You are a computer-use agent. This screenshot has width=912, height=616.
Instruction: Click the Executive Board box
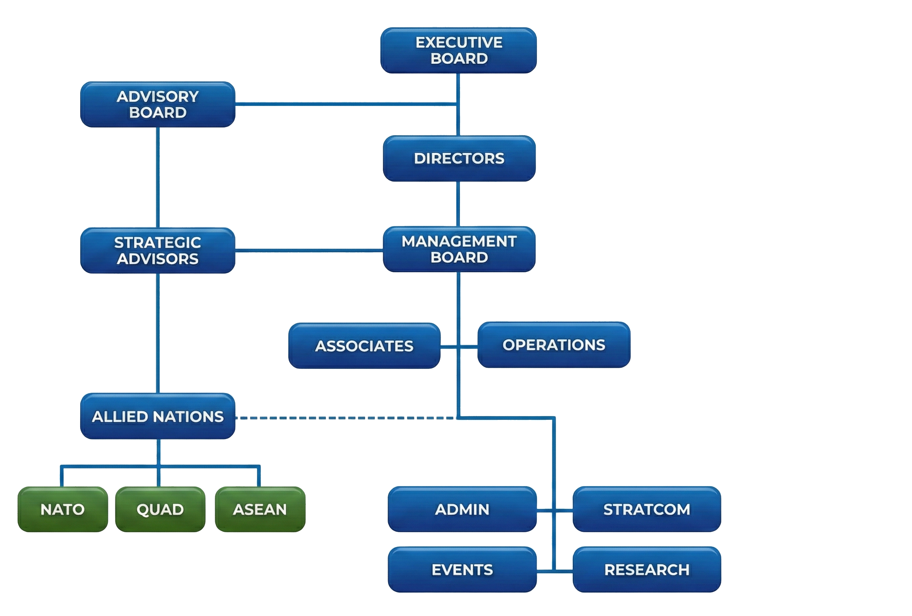click(458, 51)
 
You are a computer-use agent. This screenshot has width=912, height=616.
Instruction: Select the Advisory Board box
click(158, 105)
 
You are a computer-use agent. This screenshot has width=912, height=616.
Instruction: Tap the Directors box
click(459, 158)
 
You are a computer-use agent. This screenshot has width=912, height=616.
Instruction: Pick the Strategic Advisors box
click(158, 251)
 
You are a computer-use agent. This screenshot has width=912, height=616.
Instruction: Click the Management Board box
click(459, 249)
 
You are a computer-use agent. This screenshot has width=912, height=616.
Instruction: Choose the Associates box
click(364, 346)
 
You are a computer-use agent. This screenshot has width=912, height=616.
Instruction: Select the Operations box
click(554, 345)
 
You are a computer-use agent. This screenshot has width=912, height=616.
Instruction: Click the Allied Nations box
click(158, 416)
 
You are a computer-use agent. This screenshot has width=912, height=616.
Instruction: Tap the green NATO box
click(63, 509)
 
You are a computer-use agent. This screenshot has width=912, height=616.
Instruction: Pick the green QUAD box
click(160, 509)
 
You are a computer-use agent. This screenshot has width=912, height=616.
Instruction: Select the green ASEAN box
click(260, 509)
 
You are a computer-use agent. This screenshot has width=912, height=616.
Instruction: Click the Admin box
click(462, 509)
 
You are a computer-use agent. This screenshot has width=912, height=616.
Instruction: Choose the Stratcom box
click(647, 509)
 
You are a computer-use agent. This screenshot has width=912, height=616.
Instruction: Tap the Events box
click(462, 569)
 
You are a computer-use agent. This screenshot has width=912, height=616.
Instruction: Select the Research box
click(647, 569)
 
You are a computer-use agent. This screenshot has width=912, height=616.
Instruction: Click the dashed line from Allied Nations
click(345, 418)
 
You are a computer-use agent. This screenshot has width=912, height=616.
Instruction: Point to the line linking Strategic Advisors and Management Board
click(309, 250)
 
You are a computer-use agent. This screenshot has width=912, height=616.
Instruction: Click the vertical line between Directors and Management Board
click(458, 204)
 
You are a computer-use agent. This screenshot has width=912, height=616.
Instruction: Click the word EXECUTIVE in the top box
click(459, 43)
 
